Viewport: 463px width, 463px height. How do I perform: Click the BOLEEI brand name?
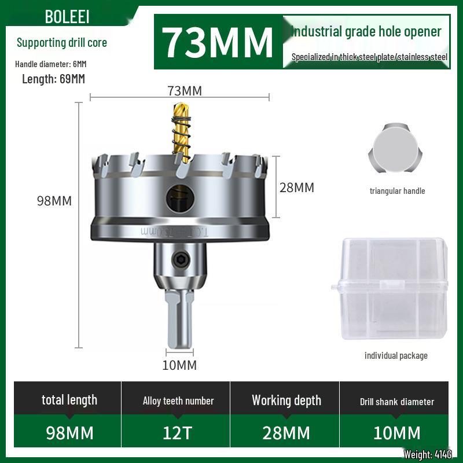click(67, 17)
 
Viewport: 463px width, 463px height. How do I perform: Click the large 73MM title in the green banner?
click(217, 42)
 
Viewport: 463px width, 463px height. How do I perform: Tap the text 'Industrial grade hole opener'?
click(366, 31)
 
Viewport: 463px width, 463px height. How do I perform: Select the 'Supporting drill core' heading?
click(62, 42)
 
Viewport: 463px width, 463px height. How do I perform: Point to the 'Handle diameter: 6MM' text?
click(51, 64)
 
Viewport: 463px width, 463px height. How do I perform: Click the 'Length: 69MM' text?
click(53, 79)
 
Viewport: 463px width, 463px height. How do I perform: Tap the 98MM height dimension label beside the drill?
click(54, 201)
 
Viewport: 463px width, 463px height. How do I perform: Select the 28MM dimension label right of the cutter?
click(297, 188)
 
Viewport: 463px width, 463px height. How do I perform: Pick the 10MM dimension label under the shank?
click(179, 365)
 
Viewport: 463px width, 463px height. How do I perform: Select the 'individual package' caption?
click(396, 355)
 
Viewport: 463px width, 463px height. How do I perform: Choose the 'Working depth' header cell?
click(286, 400)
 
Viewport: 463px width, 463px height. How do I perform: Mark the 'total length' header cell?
click(69, 400)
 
